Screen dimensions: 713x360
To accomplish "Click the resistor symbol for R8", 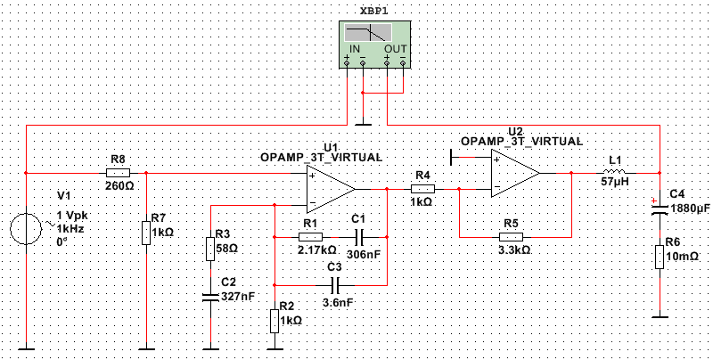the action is coord(118,173).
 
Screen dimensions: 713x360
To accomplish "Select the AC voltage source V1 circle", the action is coord(27,230).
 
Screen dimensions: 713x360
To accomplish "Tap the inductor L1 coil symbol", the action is coord(614,172).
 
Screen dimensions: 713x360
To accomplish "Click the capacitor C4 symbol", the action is coord(660,209).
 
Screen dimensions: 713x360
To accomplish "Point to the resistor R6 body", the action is coord(660,257).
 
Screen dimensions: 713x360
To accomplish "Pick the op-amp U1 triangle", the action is coord(331,189).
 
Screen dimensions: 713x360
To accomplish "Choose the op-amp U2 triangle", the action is coord(515,173).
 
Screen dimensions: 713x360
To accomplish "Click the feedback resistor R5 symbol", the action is coord(511,237).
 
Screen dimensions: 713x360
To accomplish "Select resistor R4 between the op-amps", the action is coord(422,189).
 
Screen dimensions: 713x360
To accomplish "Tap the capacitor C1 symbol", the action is coord(358,237).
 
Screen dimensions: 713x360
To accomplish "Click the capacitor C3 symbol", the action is coord(337,285).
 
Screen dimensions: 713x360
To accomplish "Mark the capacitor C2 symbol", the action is coord(210,299).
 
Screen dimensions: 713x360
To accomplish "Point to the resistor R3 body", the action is coord(210,249).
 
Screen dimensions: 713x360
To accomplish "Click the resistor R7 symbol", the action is coord(146,233).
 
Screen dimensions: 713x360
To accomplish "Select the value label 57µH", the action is coord(614,185).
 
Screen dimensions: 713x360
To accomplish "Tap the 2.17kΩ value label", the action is coord(318,250).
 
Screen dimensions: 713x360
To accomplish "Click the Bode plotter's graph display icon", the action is coord(368,33).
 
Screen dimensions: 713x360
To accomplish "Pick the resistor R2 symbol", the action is coord(275,321).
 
